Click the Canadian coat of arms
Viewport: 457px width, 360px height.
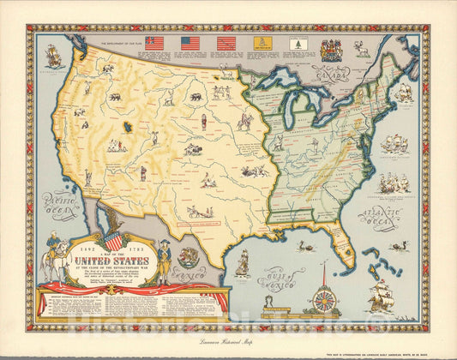[x=330, y=48]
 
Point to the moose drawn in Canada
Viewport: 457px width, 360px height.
[x=364, y=50]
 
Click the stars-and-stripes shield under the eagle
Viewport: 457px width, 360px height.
[x=113, y=242]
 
